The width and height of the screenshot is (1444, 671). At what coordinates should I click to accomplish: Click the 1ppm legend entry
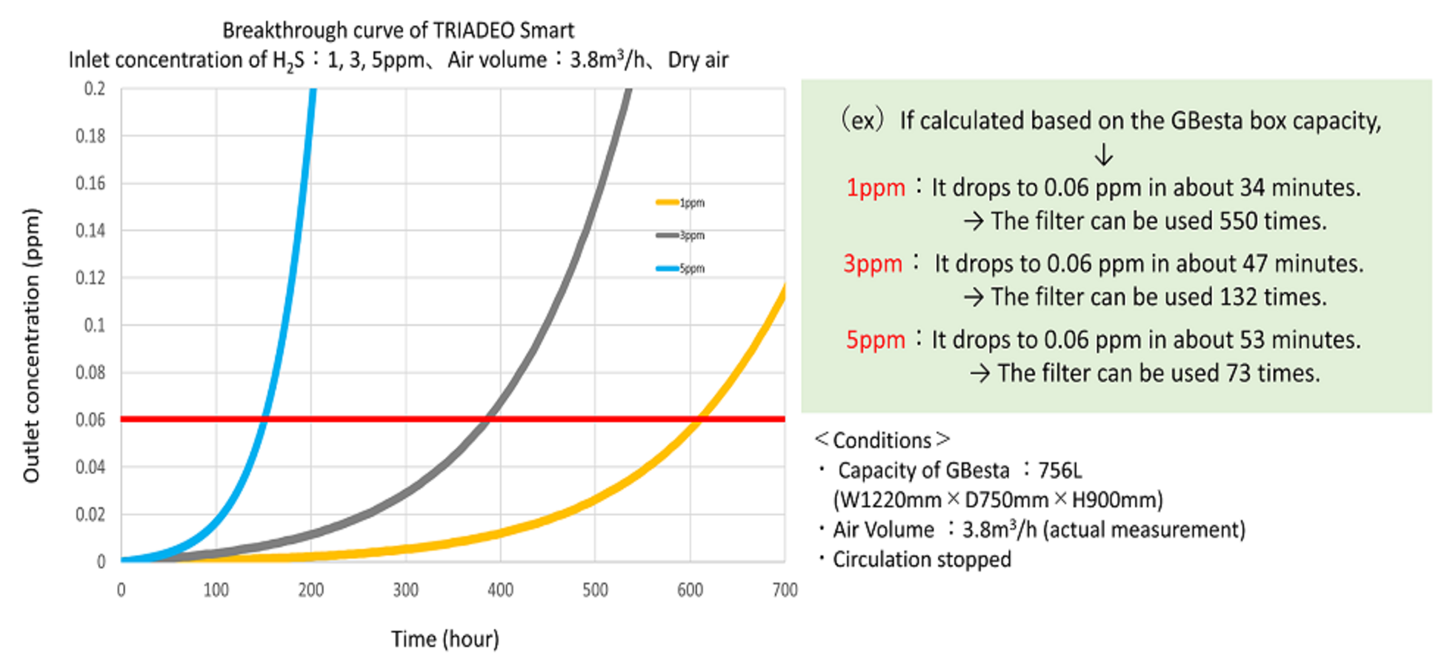pyautogui.click(x=680, y=202)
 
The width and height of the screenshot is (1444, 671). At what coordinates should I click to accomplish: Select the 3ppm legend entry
pyautogui.click(x=680, y=236)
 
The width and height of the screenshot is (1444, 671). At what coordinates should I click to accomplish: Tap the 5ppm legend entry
pyautogui.click(x=680, y=268)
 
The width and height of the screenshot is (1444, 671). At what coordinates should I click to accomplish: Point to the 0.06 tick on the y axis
pyautogui.click(x=90, y=420)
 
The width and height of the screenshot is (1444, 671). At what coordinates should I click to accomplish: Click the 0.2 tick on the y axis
pyautogui.click(x=94, y=89)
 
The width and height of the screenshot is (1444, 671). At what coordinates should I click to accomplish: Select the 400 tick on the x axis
pyautogui.click(x=500, y=590)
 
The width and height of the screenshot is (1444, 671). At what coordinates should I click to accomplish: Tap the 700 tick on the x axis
pyautogui.click(x=785, y=590)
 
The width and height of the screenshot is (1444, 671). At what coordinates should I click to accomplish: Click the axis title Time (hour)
pyautogui.click(x=445, y=638)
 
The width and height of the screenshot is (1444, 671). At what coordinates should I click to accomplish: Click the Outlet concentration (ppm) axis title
pyautogui.click(x=31, y=345)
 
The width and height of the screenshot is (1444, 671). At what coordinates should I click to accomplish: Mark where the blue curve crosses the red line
pyautogui.click(x=264, y=419)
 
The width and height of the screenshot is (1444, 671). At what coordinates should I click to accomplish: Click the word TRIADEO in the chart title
pyautogui.click(x=473, y=30)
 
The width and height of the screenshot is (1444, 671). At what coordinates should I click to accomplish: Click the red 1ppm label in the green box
pyautogui.click(x=875, y=188)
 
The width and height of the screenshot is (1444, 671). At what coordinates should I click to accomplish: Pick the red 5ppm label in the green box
pyautogui.click(x=875, y=340)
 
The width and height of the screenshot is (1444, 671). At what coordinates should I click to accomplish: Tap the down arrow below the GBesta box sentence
pyautogui.click(x=1103, y=154)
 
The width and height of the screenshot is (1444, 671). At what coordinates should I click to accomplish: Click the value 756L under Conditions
pyautogui.click(x=1059, y=470)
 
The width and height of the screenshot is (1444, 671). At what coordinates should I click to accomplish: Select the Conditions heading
pyautogui.click(x=882, y=440)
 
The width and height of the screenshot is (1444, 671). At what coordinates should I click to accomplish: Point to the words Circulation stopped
pyautogui.click(x=922, y=559)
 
